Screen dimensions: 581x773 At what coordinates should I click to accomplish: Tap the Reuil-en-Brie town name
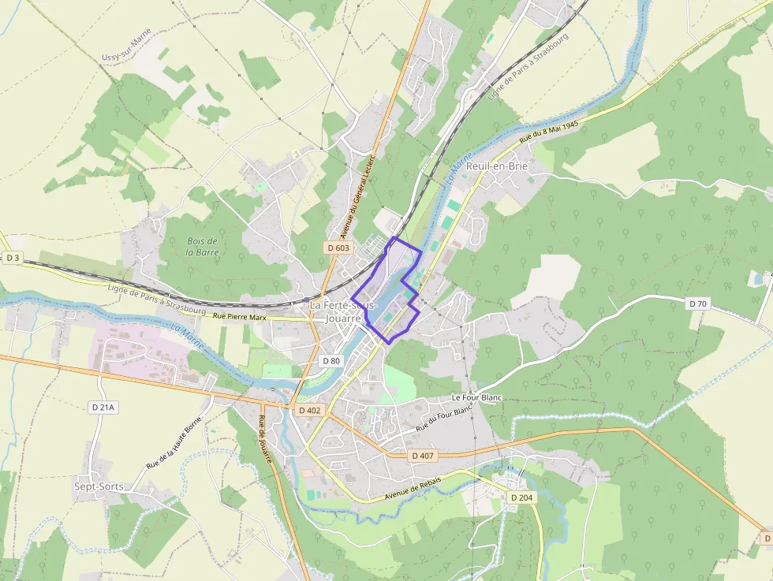point(497,166)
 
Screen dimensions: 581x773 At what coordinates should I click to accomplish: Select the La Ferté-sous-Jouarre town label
point(343,311)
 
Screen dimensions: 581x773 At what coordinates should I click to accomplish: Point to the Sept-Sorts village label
point(99,486)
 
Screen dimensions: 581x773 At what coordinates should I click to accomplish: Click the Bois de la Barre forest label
point(203,247)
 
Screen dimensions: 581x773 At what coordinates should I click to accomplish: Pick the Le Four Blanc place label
point(476,398)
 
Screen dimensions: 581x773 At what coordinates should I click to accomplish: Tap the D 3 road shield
point(12,258)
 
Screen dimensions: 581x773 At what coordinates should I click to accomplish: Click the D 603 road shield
point(338,248)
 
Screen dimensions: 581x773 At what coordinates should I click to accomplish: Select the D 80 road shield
point(331,360)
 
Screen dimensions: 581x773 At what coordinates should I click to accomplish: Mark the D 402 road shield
point(310,411)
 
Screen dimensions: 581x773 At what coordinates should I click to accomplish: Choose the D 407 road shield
point(423,456)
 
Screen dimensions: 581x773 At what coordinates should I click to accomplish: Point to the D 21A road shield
point(103,408)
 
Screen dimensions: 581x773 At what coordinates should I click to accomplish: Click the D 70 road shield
point(697,304)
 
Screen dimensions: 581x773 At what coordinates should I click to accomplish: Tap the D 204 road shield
point(521,497)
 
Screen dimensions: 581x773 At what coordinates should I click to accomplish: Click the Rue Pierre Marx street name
point(240,316)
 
